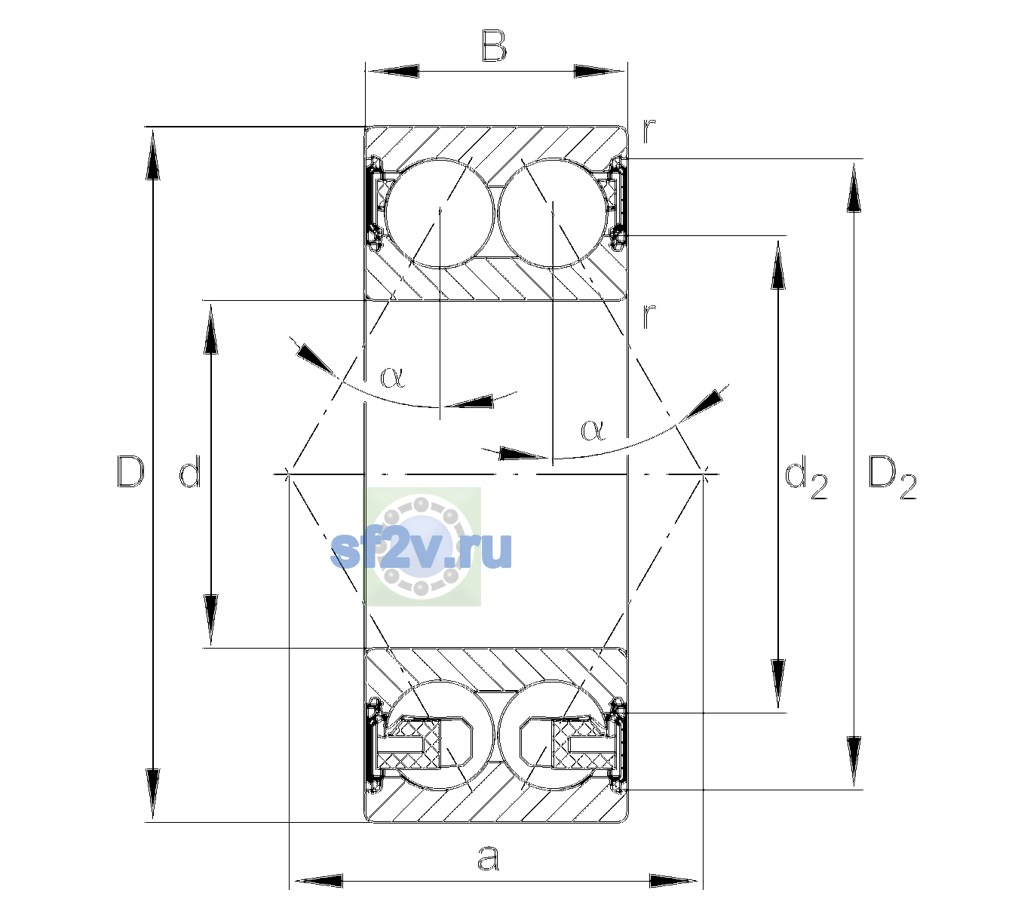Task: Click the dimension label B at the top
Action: pos(494,46)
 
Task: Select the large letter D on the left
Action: pos(130,471)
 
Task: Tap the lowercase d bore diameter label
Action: pos(190,471)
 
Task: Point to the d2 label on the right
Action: pos(805,477)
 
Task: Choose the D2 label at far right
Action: pos(892,477)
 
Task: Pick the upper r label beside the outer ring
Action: pos(649,132)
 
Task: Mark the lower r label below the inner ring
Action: pos(649,316)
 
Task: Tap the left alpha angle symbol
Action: pos(392,377)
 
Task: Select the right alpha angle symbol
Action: pos(593,430)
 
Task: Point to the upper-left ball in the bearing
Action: pos(440,213)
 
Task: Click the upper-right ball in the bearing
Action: pos(553,213)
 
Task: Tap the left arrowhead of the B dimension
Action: pos(392,72)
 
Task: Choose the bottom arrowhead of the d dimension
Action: pos(210,620)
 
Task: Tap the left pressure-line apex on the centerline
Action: pos(288,474)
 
